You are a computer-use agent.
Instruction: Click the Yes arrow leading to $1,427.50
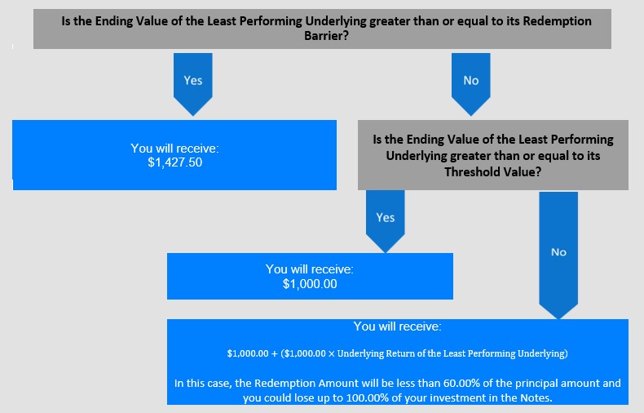pyautogui.click(x=193, y=84)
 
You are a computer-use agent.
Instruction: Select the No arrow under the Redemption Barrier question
pyautogui.click(x=470, y=84)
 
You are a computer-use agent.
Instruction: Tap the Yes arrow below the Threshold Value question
pyautogui.click(x=386, y=221)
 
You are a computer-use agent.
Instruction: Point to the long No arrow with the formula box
pyautogui.click(x=558, y=255)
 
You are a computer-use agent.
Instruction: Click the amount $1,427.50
pyautogui.click(x=175, y=162)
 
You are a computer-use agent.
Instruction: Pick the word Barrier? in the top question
pyautogui.click(x=327, y=36)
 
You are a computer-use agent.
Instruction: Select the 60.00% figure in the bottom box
pyautogui.click(x=461, y=383)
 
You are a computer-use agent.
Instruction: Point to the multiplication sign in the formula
pyautogui.click(x=332, y=353)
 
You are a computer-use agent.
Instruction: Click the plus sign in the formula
pyautogui.click(x=275, y=353)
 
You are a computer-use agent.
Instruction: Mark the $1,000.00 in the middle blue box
pyautogui.click(x=310, y=284)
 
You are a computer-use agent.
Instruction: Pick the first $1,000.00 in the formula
pyautogui.click(x=248, y=353)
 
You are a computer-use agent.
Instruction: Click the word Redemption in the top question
pyautogui.click(x=557, y=21)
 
